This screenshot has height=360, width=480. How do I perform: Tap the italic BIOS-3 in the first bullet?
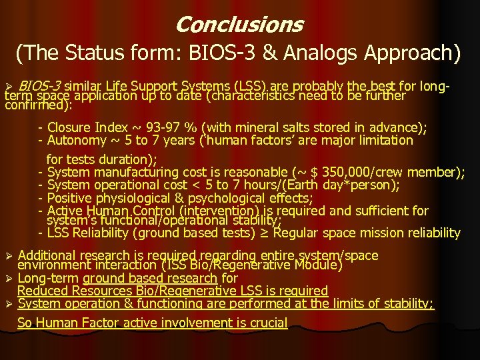pyautogui.click(x=39, y=86)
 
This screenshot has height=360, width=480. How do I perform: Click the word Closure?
pyautogui.click(x=71, y=127)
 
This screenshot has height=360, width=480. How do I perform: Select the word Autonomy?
pyautogui.click(x=77, y=140)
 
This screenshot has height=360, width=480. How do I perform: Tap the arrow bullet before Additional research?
pyautogui.click(x=9, y=256)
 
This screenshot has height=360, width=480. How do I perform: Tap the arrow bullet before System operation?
pyautogui.click(x=9, y=304)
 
